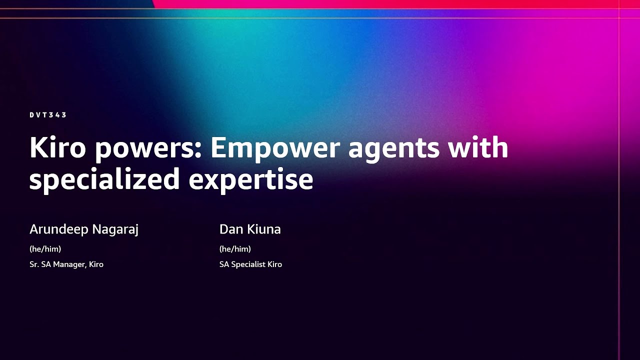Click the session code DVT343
point(48,115)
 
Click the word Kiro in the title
point(58,148)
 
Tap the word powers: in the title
point(148,149)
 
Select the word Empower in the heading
point(270,148)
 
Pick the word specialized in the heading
point(104,179)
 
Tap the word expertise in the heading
point(251,179)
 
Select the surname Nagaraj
point(117,229)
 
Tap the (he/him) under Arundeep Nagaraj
point(45,248)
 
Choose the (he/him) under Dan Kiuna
point(235,248)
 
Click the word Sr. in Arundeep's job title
point(34,264)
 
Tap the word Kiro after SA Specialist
point(274,264)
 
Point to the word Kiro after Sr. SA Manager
point(96,264)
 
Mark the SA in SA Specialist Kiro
point(224,264)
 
